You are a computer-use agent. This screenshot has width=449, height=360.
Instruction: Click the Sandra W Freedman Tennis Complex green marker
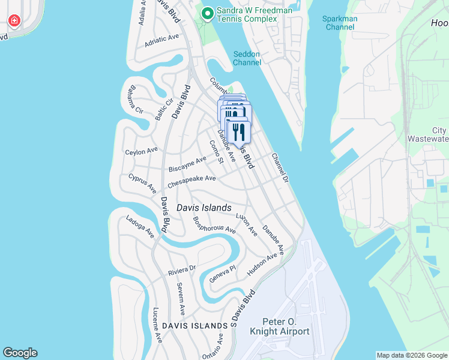click(208, 13)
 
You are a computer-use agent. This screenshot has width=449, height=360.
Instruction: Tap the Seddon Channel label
click(247, 58)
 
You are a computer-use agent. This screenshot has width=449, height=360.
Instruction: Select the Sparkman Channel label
click(340, 23)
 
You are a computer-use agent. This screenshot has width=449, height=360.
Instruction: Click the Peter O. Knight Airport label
click(286, 326)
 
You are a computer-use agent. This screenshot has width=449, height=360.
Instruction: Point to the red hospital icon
click(14, 22)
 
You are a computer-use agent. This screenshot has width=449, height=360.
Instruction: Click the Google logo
click(20, 353)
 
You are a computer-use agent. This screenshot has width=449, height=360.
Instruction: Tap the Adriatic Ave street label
click(162, 41)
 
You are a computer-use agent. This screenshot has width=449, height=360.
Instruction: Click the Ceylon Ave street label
click(141, 151)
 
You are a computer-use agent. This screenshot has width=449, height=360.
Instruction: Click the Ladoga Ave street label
click(140, 226)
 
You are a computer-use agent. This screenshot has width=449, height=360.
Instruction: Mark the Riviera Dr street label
click(182, 271)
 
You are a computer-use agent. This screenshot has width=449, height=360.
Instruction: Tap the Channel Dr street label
click(280, 168)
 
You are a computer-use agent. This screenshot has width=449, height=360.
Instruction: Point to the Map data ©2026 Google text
click(411, 355)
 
